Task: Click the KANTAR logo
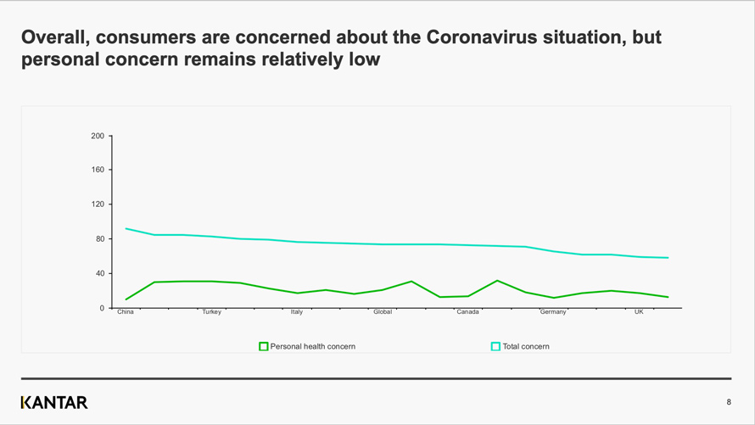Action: coord(54,402)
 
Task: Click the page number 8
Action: coord(728,402)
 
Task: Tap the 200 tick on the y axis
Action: coord(98,136)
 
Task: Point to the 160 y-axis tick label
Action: coord(98,170)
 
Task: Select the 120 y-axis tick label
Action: coord(98,204)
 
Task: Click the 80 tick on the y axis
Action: coord(99,239)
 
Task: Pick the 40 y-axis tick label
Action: coord(99,273)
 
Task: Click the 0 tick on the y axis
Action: coord(102,308)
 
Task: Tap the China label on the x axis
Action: coord(126,312)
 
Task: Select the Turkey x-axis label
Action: coord(211,312)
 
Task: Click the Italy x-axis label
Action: coord(297,312)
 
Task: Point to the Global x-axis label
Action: coord(383,312)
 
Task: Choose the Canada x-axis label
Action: coord(467,312)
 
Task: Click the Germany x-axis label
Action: coord(553,312)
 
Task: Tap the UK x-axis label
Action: coord(639,312)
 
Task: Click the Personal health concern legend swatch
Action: coord(264,346)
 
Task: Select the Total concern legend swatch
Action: coord(495,346)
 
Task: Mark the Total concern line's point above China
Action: coord(126,228)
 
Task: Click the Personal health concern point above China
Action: coord(126,299)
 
